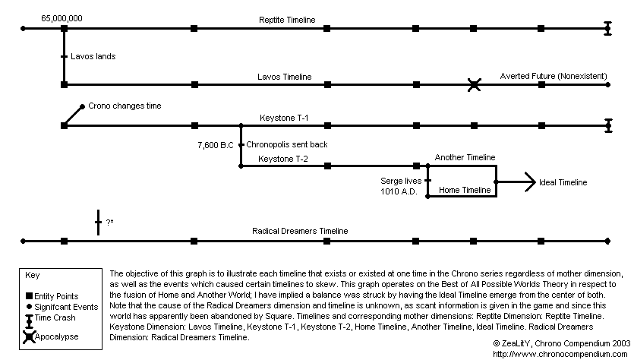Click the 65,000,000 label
point(62,18)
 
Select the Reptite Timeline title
point(287,20)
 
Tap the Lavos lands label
point(93,56)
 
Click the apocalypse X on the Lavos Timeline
point(474,85)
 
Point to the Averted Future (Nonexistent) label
point(554,76)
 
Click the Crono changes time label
point(125,106)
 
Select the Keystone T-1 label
point(284,118)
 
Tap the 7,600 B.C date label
point(216,145)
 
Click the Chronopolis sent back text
point(287,144)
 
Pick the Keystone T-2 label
point(283,159)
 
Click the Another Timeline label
point(465,157)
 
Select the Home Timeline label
point(465,190)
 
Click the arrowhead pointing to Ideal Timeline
point(530,182)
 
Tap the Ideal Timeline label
point(563,182)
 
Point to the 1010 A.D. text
point(399,191)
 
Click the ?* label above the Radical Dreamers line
point(109,222)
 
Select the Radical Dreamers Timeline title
point(300,231)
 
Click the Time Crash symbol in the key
point(29,321)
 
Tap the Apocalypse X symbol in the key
point(29,336)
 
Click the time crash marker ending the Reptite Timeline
point(607,29)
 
